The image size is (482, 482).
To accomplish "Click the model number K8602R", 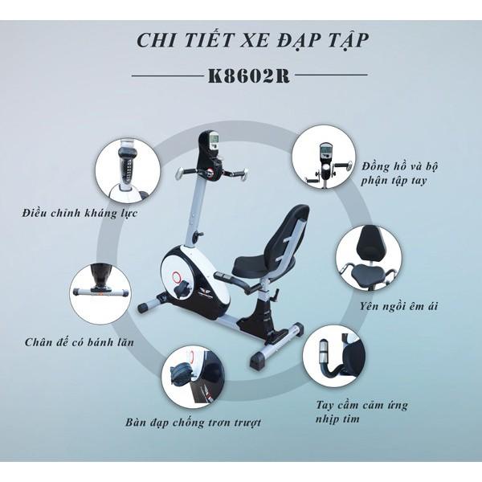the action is [x=249, y=75].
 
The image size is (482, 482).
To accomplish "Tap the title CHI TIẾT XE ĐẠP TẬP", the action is [x=252, y=41].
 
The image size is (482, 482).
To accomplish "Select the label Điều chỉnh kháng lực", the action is [x=80, y=214].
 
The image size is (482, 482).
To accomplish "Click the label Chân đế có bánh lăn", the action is [x=80, y=342].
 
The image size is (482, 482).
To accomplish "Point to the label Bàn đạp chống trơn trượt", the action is [x=193, y=423].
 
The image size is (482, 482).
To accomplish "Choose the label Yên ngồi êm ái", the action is [x=398, y=307].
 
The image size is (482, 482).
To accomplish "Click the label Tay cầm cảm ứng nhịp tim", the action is [x=361, y=411].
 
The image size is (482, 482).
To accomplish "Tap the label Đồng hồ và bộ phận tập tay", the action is [x=399, y=174].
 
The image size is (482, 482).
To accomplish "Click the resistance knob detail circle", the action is [x=127, y=169].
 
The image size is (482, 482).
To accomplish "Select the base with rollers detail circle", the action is [x=101, y=293].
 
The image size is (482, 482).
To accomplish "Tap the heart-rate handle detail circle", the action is [x=334, y=357].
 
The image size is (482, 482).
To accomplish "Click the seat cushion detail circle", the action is [x=369, y=258].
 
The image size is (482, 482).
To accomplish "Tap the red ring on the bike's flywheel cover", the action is [x=177, y=278].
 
